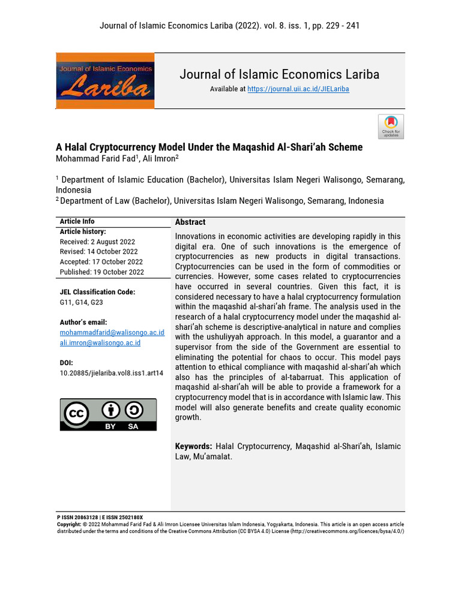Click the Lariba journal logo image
(105, 80)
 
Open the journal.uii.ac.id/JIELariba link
(298, 89)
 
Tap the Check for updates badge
(391, 127)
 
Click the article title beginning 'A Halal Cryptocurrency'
(209, 147)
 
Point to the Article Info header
(77, 221)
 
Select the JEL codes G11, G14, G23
(81, 302)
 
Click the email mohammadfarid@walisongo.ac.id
(112, 332)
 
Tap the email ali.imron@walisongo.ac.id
(100, 342)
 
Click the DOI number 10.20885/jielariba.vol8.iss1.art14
(111, 372)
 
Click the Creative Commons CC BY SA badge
(108, 414)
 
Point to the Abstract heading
(190, 222)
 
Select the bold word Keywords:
(193, 446)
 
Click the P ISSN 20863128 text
(77, 517)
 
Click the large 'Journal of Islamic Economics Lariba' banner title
(279, 74)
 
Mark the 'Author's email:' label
(83, 322)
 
